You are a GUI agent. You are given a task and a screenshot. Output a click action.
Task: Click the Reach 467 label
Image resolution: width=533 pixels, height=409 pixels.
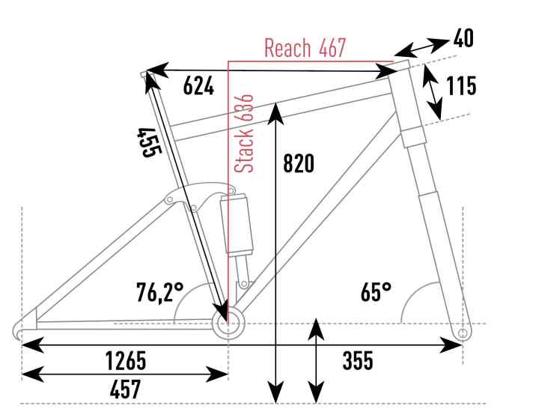(304, 49)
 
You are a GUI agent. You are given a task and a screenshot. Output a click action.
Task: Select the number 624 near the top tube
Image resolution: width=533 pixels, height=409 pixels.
(198, 87)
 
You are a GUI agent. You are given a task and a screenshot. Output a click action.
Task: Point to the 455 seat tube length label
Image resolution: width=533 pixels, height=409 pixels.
(148, 141)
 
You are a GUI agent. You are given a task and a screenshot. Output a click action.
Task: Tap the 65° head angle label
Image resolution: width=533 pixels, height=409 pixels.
(376, 291)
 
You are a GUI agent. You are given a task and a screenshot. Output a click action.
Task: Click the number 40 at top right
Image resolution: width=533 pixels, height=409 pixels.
(463, 38)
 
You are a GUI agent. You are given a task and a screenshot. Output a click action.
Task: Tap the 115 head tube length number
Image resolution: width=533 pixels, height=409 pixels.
(460, 86)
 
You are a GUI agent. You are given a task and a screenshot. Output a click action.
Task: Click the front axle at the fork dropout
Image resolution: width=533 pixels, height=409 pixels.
(462, 330)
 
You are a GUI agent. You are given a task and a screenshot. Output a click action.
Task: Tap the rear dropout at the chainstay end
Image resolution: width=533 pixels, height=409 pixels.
(22, 329)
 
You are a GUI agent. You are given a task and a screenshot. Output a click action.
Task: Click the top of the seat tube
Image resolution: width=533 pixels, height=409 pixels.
(145, 73)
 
